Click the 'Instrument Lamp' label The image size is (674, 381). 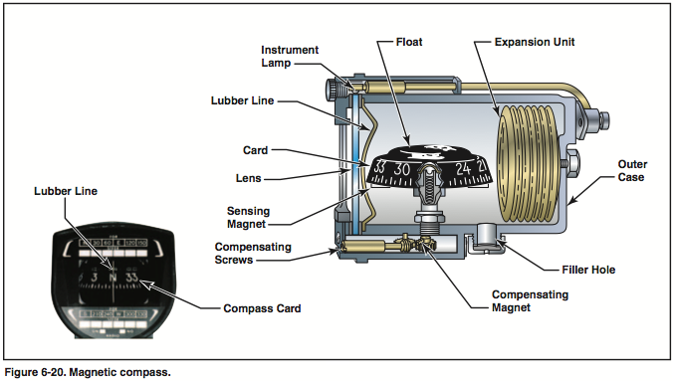(289, 56)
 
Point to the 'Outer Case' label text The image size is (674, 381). (633, 170)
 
